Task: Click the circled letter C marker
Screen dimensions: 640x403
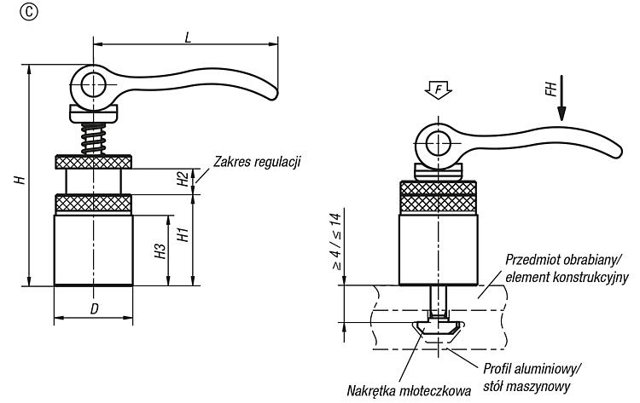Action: coord(28,13)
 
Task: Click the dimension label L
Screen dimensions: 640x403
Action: coord(188,37)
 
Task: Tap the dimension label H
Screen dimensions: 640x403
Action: coord(20,180)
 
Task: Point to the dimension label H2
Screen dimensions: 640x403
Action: coord(183,179)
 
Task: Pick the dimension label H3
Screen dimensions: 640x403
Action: coord(160,251)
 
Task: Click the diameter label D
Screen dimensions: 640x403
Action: coord(94,309)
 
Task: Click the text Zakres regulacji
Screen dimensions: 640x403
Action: coord(257,162)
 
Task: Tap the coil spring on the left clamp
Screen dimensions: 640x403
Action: coord(93,138)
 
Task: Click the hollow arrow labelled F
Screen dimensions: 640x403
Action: coord(438,89)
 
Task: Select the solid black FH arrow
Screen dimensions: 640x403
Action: coord(561,98)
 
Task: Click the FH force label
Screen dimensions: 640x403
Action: coord(550,89)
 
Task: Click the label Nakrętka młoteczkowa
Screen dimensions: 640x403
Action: coord(409,391)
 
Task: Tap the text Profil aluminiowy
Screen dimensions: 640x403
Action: coord(532,369)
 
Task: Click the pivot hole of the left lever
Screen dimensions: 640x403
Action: coord(93,85)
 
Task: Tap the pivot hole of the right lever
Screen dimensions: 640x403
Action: coord(438,143)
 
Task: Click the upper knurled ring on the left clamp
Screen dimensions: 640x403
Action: coord(93,162)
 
